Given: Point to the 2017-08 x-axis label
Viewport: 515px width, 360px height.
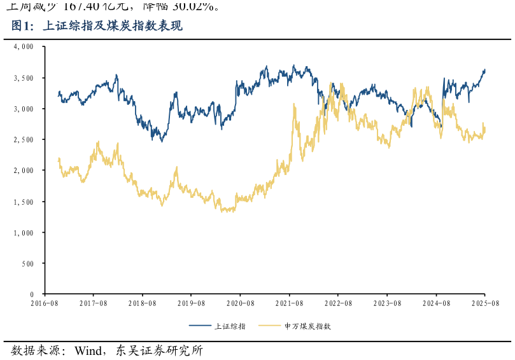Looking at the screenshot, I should tap(94, 305).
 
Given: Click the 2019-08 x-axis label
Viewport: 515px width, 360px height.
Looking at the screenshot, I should tap(192, 305).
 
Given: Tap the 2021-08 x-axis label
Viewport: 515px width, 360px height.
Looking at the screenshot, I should tap(289, 305).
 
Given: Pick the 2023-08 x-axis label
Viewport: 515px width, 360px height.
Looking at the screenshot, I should tap(387, 305).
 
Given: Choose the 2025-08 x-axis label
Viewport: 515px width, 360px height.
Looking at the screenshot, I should tap(484, 305).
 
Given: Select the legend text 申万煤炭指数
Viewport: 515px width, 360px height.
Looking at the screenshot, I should tap(307, 326).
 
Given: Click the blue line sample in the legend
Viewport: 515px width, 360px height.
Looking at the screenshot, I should tap(201, 326).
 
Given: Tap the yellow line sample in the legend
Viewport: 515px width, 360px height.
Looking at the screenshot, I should tap(270, 326).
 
